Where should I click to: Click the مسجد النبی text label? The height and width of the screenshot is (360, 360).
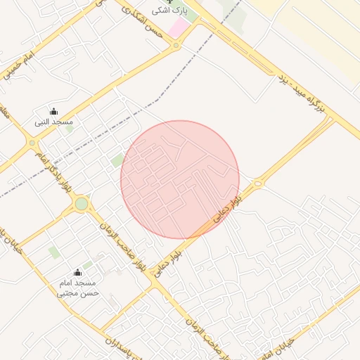pos(54,122)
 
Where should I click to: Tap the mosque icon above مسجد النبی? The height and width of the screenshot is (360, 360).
pos(53,111)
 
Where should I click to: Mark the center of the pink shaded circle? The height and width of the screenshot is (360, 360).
pos(180,180)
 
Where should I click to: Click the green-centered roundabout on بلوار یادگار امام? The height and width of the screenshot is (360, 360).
pos(82,205)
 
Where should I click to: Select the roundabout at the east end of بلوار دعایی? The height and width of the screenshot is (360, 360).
pos(258,184)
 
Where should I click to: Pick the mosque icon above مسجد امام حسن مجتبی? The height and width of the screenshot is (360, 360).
pos(77,272)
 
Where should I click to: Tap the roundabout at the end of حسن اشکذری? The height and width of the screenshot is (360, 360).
pos(176,46)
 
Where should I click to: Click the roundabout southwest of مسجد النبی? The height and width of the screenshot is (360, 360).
pos(32,143)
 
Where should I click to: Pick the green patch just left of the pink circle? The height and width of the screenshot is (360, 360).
pos(117,161)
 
